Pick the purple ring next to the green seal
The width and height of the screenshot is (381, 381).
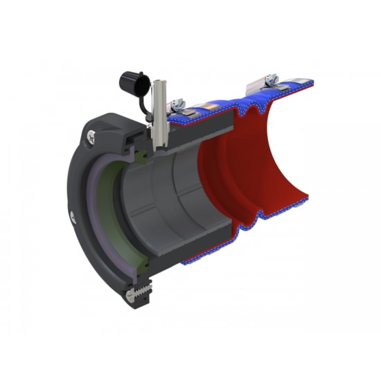pos(97,208)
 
